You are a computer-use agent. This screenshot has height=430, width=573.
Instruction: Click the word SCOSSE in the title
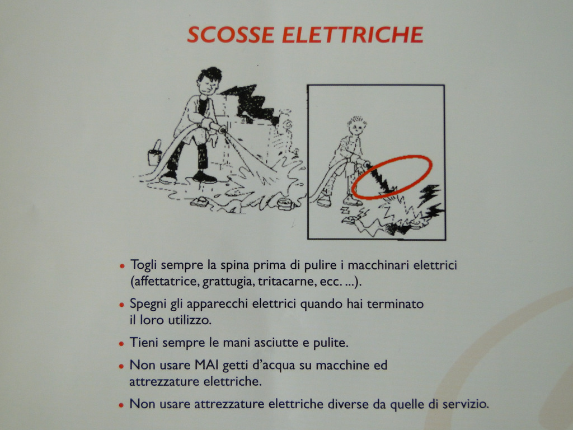pos(231,35)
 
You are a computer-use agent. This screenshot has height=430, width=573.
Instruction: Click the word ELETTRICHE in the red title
pos(353,35)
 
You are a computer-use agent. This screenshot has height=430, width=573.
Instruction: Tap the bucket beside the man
pos(155,153)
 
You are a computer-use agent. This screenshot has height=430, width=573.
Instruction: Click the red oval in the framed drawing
pos(392,177)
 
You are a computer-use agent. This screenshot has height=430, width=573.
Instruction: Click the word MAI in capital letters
pos(206,365)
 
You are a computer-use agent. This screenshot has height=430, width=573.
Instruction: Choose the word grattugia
pos(227,282)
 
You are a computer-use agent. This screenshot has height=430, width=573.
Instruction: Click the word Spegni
pos(148,304)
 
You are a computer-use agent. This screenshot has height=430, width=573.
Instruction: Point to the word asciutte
pos(275,343)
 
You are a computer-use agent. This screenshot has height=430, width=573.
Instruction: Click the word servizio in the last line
pos(465,404)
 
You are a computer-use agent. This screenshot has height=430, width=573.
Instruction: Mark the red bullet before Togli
pos(122,266)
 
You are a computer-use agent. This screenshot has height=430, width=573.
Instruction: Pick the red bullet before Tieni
pos(121,344)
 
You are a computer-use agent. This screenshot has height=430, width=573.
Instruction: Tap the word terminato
pos(395,304)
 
